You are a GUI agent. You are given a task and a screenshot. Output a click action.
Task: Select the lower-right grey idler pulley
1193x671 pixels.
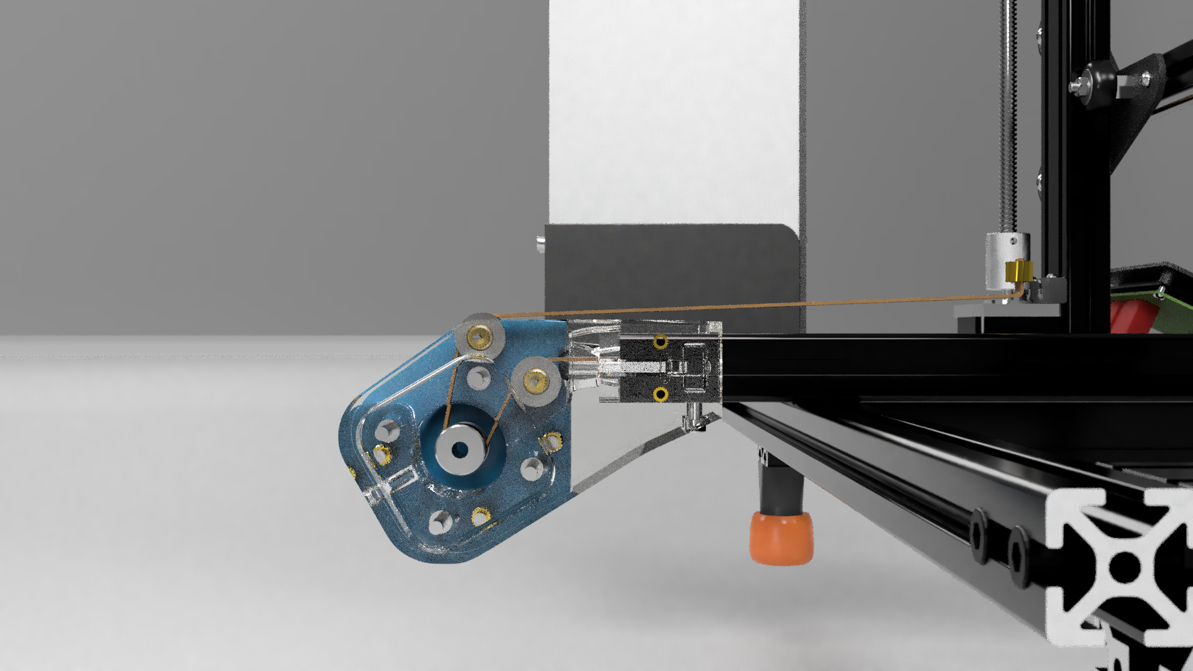coord(535,380)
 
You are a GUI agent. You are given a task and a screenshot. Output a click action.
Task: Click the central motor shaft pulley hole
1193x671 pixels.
coord(460,449)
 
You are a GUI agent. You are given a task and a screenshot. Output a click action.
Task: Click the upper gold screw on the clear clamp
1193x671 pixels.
coord(660,342)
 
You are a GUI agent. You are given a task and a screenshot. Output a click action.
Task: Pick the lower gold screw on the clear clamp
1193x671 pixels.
coord(660,394)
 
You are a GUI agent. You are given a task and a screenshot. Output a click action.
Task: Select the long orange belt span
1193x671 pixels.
coord(746,306)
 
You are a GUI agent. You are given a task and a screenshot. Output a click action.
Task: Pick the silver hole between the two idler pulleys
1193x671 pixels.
coord(478,377)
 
